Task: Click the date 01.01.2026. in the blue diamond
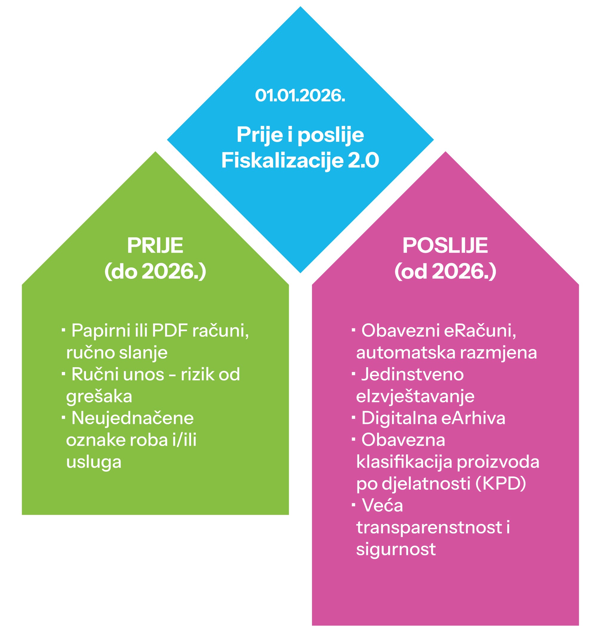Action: click(x=300, y=96)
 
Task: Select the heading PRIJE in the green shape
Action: click(x=155, y=246)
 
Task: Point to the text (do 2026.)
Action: click(x=155, y=271)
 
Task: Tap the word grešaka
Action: click(x=99, y=396)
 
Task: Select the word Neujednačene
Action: click(x=132, y=418)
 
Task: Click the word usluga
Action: click(x=93, y=462)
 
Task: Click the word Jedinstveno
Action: click(x=412, y=374)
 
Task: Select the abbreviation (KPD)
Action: click(x=500, y=483)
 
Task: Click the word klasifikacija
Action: click(x=404, y=462)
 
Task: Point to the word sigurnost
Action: click(x=396, y=549)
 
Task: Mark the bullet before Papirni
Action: click(x=63, y=329)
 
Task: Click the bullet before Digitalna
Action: click(x=353, y=417)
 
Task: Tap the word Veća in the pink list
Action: click(x=382, y=505)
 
